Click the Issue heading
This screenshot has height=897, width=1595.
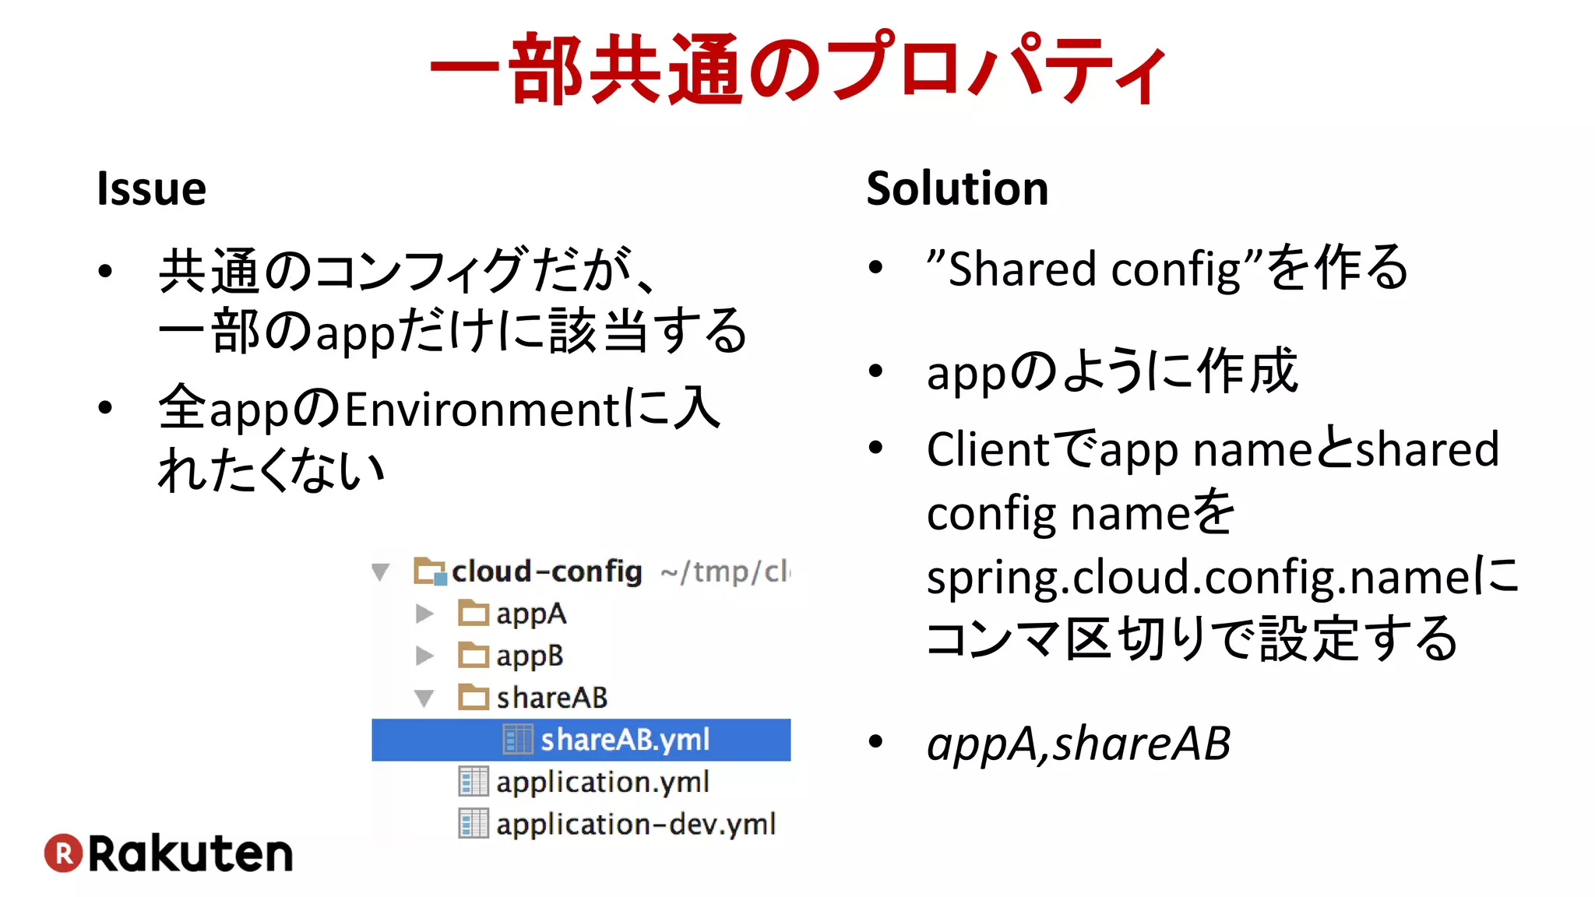151,189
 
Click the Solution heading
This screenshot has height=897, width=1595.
957,189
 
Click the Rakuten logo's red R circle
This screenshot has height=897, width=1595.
63,853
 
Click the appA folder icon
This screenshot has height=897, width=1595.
473,614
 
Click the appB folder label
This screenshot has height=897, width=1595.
530,656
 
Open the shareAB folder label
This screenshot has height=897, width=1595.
551,698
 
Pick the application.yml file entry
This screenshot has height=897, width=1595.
601,782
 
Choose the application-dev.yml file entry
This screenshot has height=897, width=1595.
635,824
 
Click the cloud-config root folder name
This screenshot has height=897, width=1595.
547,572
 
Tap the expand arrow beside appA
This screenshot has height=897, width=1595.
424,614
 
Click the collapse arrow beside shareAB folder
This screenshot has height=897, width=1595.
424,698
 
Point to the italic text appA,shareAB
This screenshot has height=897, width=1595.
1078,744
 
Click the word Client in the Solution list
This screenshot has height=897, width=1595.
988,450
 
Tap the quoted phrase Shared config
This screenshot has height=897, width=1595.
1093,269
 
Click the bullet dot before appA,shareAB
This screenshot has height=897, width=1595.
876,740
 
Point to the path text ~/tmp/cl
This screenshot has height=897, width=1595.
724,572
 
